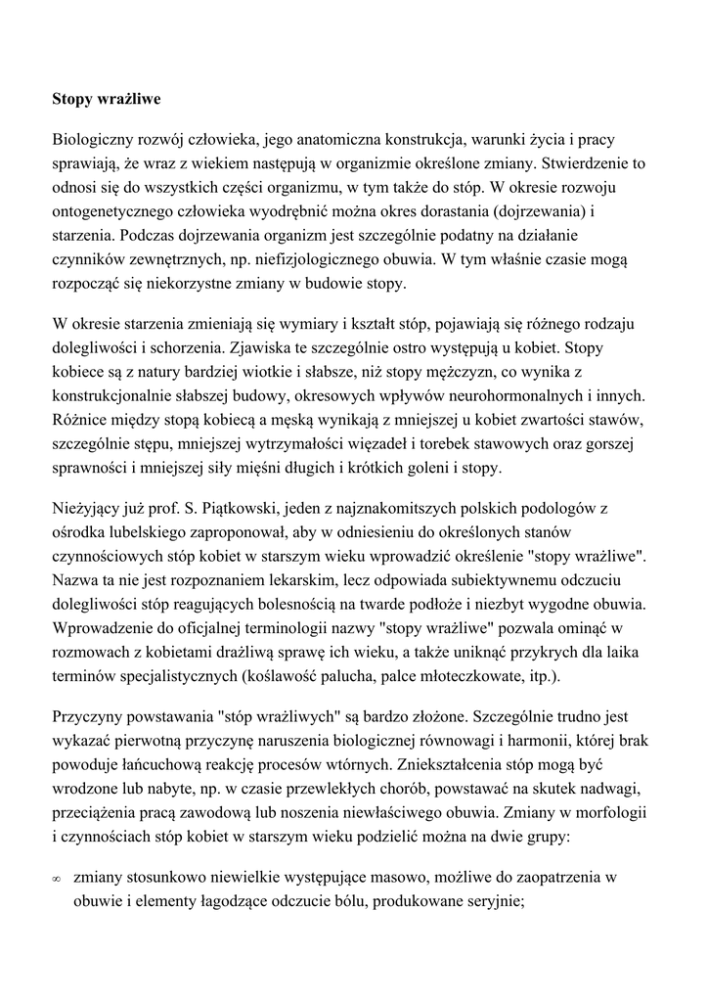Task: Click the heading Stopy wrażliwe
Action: point(107,99)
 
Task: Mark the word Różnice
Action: point(81,419)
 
